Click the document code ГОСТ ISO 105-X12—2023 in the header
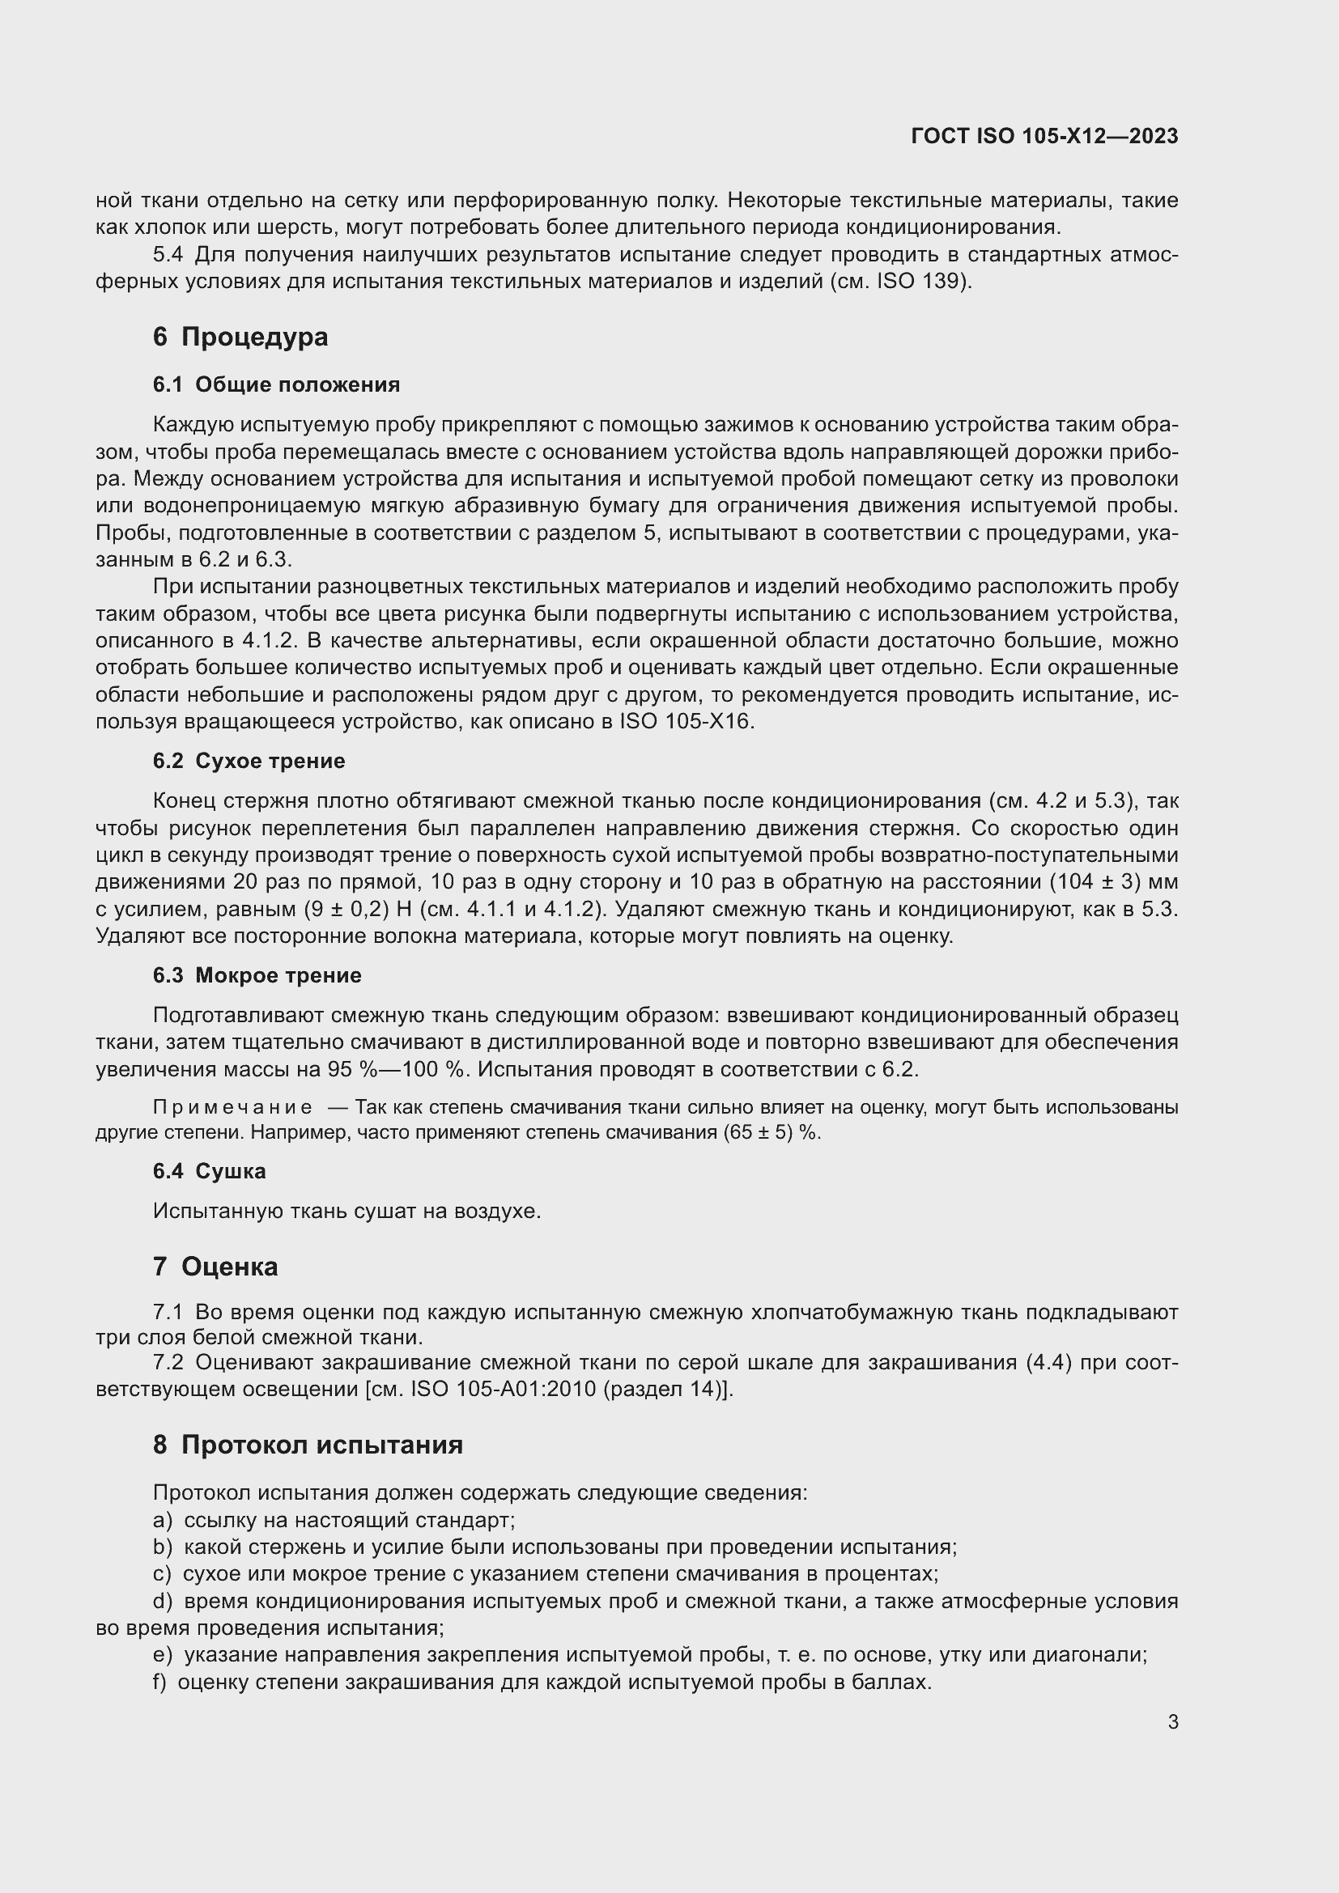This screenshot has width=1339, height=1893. (1044, 136)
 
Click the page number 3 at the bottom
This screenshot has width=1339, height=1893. (1172, 1721)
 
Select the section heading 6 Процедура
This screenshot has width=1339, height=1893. (240, 337)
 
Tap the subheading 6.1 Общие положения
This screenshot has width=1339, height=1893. (276, 385)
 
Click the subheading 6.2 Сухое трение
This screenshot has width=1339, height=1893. (249, 761)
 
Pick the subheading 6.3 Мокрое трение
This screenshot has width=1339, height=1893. (257, 975)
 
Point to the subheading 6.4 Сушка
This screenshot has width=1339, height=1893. (209, 1171)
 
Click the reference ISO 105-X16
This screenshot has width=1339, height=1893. (685, 722)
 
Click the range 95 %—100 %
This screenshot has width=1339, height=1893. (398, 1070)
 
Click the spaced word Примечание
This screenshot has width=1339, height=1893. (232, 1107)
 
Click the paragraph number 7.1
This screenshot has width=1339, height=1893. (168, 1312)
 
